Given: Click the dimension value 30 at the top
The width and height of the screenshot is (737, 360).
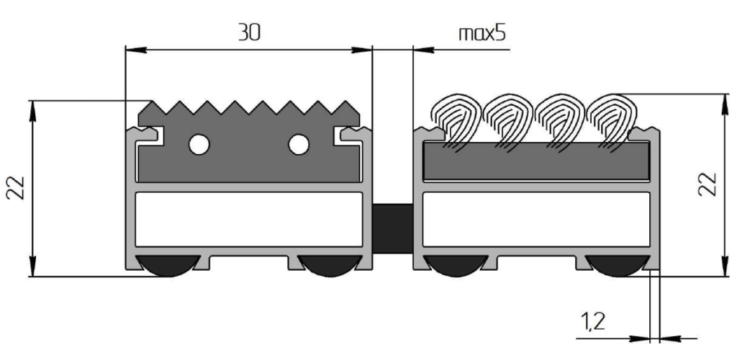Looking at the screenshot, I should (248, 32).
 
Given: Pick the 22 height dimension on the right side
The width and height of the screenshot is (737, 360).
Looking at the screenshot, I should (709, 184).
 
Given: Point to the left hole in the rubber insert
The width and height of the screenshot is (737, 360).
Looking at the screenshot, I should (199, 145).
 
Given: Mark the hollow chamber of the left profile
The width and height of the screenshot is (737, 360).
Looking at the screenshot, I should (249, 220).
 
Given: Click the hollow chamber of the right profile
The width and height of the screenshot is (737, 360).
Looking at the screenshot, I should (535, 220).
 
